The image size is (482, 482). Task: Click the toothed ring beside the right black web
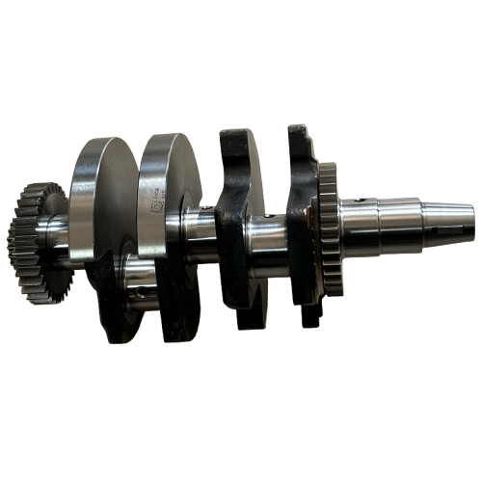click(328, 227)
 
